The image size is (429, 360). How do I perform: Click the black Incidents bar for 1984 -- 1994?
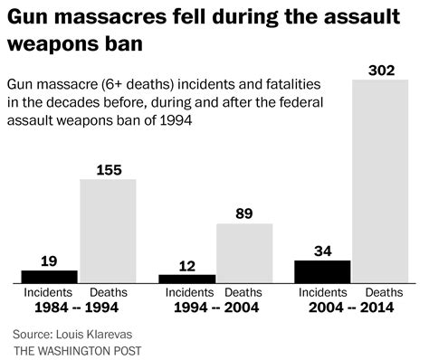coord(50,277)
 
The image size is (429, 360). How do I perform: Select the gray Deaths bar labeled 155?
coord(108,232)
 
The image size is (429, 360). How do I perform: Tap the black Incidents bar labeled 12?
coord(187,279)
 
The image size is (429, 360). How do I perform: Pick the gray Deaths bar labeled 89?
coord(244,253)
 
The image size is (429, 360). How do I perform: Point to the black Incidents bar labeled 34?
coord(322,272)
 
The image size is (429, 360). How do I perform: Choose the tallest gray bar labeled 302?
coord(380,182)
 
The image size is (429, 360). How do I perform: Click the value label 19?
coord(49,261)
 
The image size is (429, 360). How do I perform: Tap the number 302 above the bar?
coord(381,71)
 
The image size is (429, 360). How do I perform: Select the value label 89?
coord(244,213)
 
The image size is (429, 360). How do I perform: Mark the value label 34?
coord(322,251)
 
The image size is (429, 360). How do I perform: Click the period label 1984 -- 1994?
coord(77,308)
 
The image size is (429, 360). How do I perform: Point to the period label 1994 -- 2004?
coord(216,308)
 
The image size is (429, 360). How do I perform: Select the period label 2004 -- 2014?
coord(351,308)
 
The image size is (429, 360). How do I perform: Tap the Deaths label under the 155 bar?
coord(109,292)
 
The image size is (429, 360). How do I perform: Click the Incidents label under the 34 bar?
coord(323,292)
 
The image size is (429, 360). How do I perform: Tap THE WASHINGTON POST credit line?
coord(78,351)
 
